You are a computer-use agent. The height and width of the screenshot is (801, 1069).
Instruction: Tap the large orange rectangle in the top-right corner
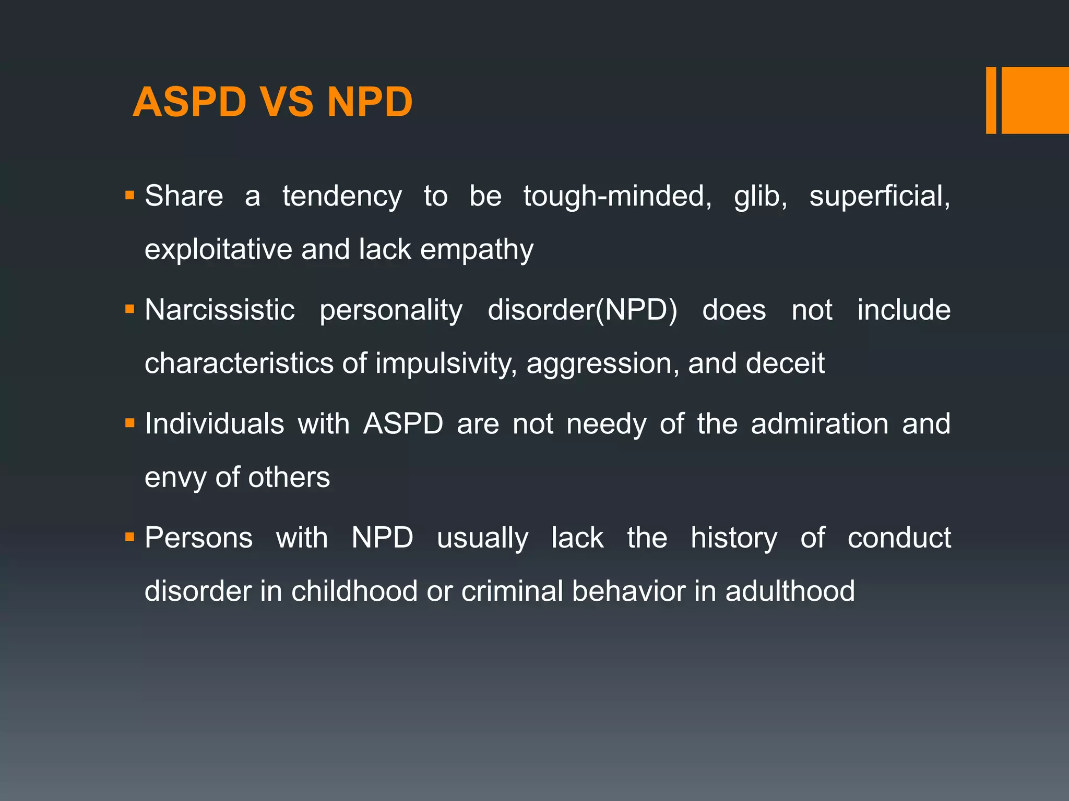[x=1035, y=100]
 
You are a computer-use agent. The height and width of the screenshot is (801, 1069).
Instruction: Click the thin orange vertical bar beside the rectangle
[x=991, y=100]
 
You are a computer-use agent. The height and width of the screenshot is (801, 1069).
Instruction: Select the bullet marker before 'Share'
[x=129, y=197]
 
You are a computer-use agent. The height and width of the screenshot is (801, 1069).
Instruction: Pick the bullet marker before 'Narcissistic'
[x=129, y=310]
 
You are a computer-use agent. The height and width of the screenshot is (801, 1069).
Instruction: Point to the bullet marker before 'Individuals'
[x=129, y=423]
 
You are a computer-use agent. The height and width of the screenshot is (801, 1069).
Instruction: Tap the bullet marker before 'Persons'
[x=129, y=537]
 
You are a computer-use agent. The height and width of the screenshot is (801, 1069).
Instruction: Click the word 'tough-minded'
[x=617, y=197]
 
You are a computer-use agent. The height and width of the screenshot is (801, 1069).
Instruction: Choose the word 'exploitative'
[x=218, y=249]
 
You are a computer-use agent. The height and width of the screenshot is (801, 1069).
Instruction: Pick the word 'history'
[x=734, y=539]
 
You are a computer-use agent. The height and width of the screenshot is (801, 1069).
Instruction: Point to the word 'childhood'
[x=354, y=591]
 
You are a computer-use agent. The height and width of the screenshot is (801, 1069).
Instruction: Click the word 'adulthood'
[x=790, y=591]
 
